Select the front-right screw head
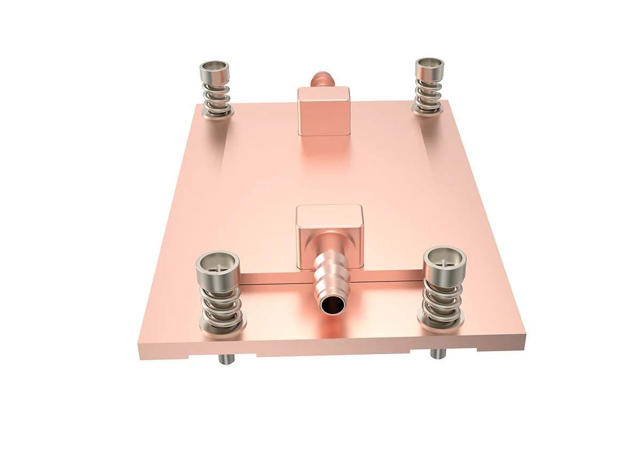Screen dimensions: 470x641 pyautogui.click(x=445, y=260)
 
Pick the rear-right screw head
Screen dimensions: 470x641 pyautogui.click(x=430, y=65)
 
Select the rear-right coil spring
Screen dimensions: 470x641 pyautogui.click(x=428, y=91)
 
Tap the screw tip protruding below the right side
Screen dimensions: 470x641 pyautogui.click(x=437, y=354)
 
